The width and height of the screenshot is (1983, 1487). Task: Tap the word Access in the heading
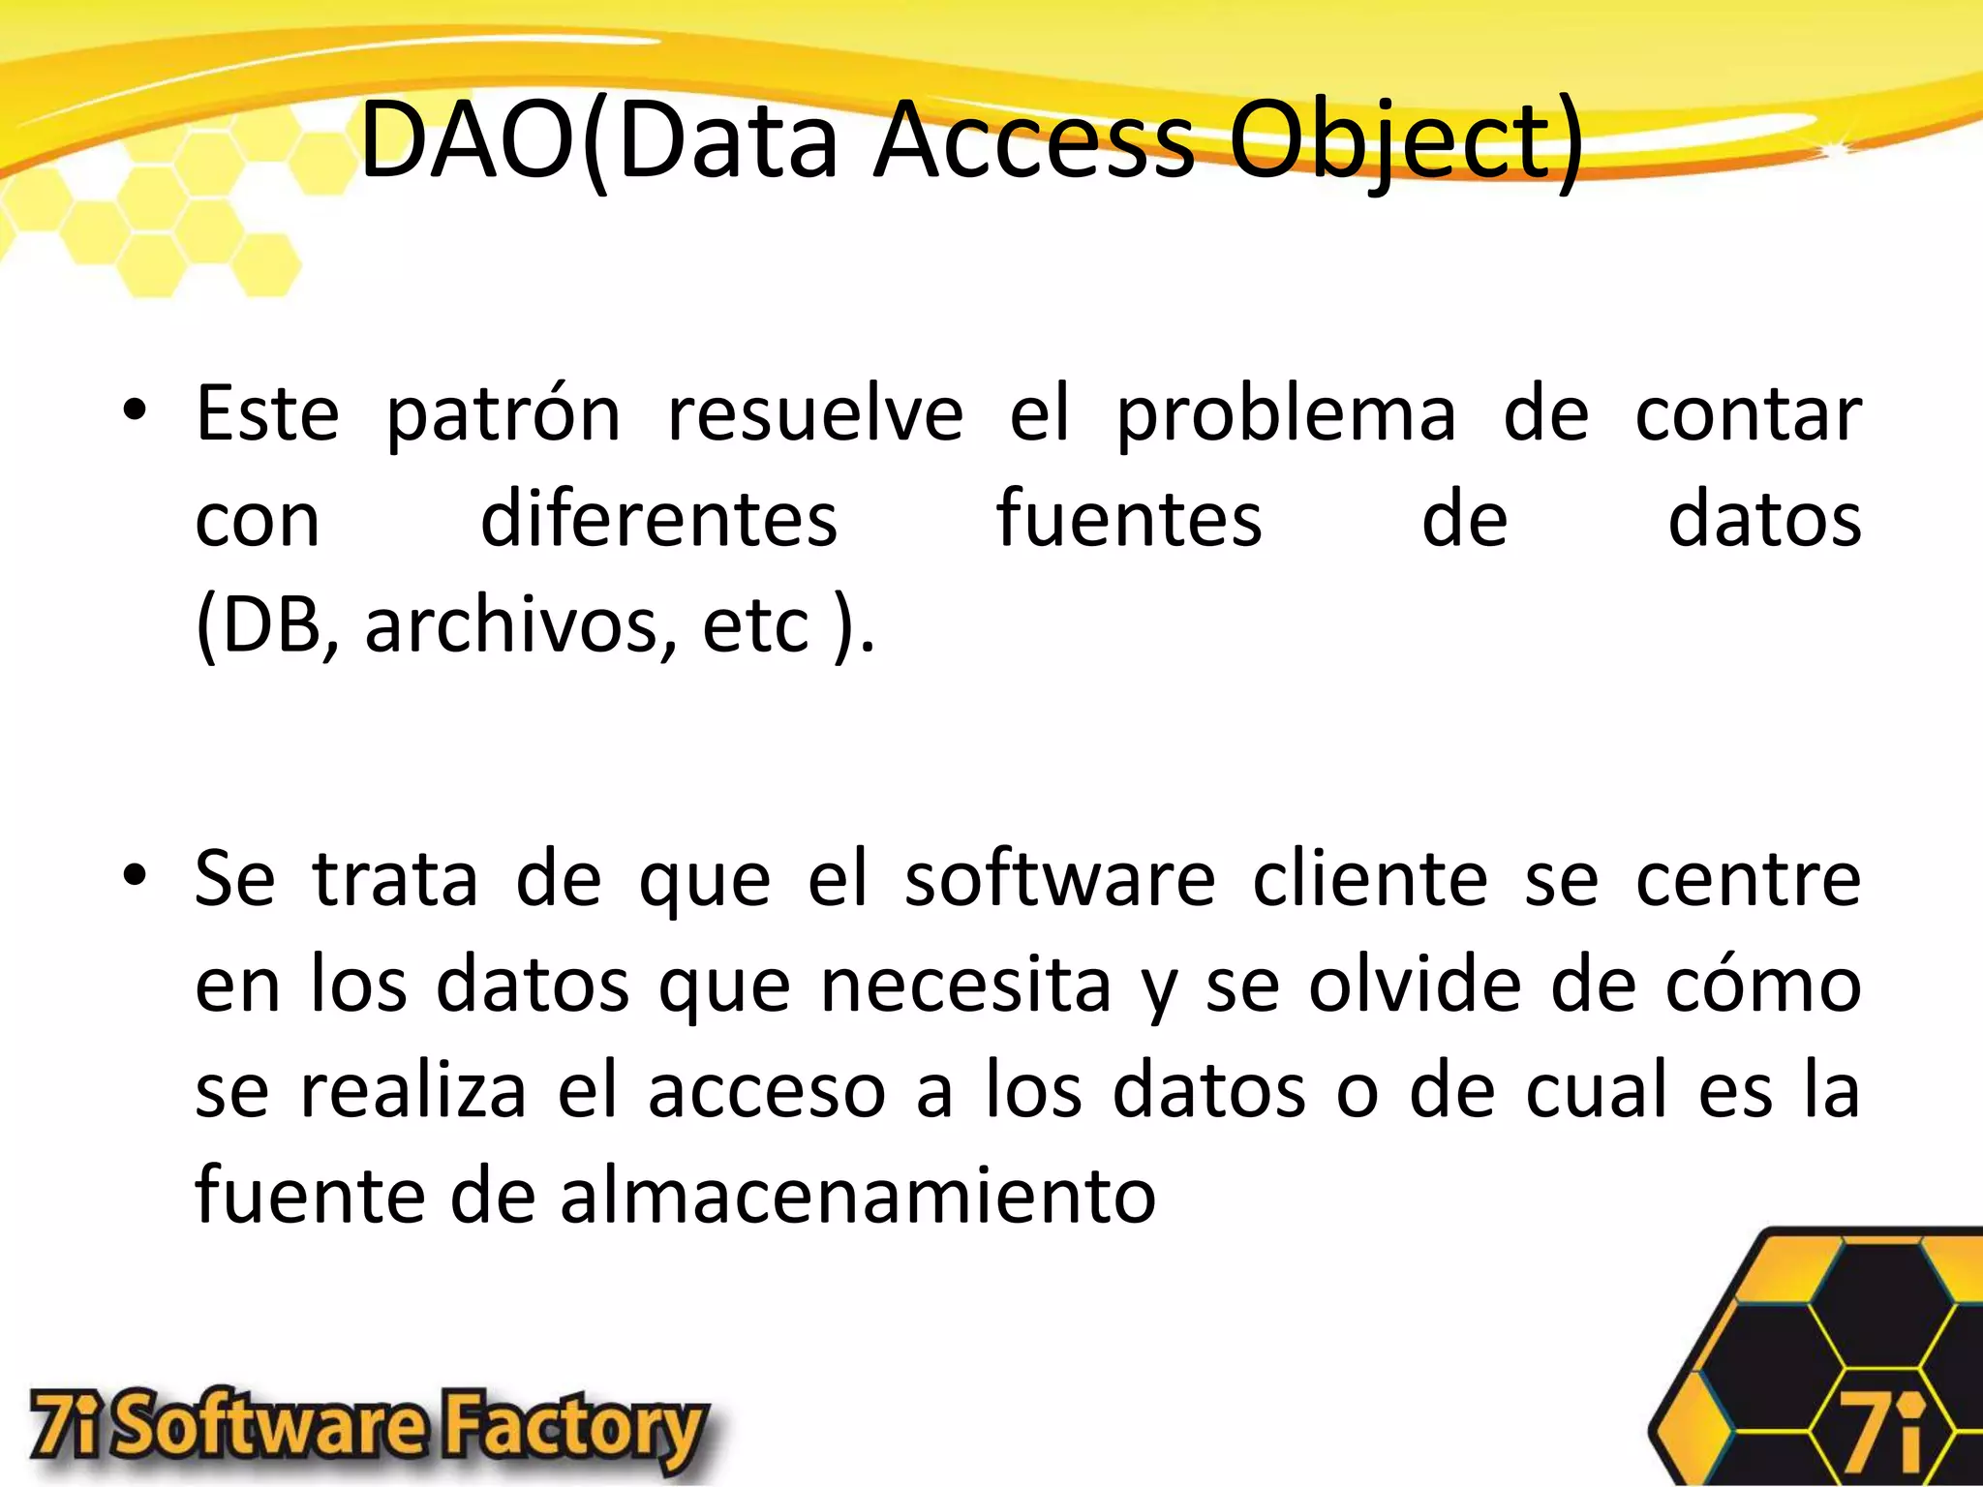[1034, 141]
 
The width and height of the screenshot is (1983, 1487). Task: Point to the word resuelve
[815, 414]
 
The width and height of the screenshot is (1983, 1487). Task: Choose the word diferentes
[658, 520]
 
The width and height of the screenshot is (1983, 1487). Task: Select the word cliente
[1369, 879]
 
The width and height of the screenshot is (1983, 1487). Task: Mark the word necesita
[965, 986]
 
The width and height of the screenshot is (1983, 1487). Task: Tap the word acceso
[767, 1091]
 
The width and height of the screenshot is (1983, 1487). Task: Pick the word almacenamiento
[858, 1196]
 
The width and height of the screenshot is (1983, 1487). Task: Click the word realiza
[413, 1091]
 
